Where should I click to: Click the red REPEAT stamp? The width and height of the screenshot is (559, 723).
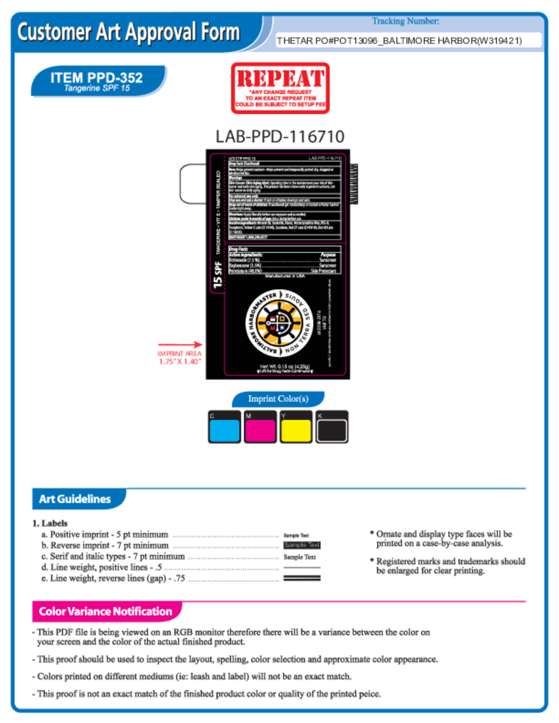[279, 88]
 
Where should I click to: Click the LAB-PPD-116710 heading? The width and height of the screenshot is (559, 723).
[279, 136]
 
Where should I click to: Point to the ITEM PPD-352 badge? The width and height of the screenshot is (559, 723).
[97, 81]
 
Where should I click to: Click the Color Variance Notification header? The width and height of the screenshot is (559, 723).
[105, 611]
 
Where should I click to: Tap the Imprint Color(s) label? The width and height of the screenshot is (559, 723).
[278, 399]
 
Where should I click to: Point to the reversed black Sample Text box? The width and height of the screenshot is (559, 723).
[302, 545]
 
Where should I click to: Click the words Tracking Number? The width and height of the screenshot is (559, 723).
[406, 21]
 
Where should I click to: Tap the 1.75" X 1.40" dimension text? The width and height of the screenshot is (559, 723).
[179, 361]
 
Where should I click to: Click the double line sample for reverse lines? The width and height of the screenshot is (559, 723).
[302, 578]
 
